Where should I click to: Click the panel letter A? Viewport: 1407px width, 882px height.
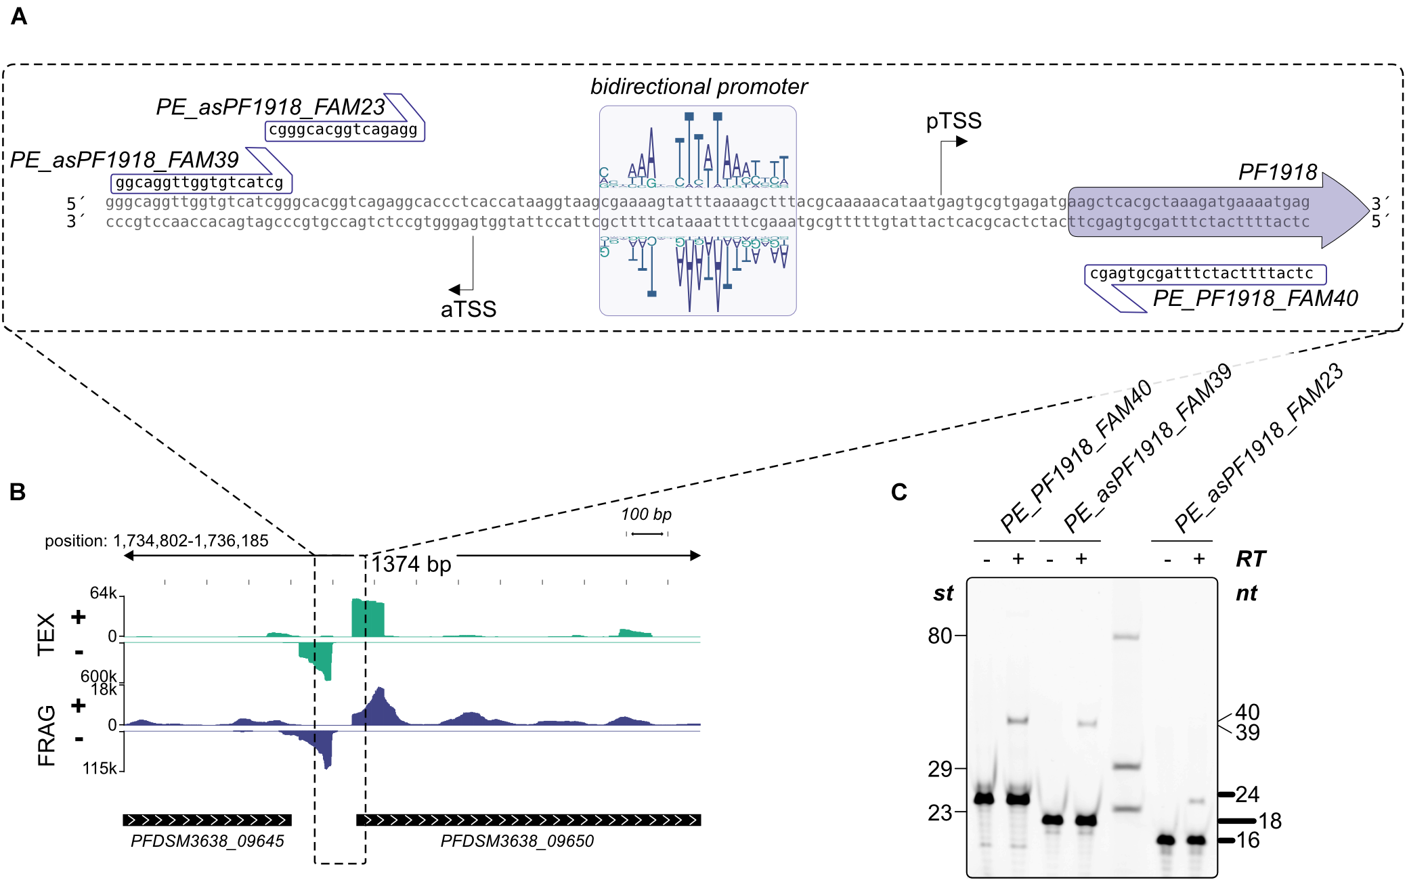click(x=19, y=16)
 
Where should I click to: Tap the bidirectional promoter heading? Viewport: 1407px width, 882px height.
click(x=699, y=87)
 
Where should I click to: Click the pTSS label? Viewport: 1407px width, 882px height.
click(x=953, y=121)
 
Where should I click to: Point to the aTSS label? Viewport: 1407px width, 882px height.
click(x=469, y=309)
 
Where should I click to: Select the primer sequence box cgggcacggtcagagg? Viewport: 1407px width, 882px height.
click(x=344, y=130)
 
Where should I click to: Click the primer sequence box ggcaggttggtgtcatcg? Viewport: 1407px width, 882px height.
click(x=200, y=183)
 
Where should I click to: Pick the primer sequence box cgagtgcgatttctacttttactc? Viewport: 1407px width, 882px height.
click(x=1204, y=273)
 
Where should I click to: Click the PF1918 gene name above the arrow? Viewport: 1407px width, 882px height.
click(x=1278, y=173)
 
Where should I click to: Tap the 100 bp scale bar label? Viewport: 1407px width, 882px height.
click(x=646, y=514)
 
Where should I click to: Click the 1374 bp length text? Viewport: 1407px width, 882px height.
click(x=411, y=564)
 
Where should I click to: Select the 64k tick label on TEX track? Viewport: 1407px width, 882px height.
click(x=104, y=593)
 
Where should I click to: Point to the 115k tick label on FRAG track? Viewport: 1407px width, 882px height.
click(x=100, y=768)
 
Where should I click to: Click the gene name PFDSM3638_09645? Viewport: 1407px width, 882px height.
click(x=207, y=841)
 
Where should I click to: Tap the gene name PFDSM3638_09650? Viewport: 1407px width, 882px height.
click(x=517, y=841)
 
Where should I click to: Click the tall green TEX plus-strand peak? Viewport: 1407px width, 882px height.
click(x=368, y=617)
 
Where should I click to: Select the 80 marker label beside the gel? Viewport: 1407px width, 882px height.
click(x=940, y=636)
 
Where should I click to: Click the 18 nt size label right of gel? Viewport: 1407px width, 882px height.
click(x=1270, y=821)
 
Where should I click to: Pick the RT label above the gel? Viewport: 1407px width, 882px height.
click(x=1250, y=559)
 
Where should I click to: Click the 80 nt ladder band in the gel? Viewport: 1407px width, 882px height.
click(x=1126, y=636)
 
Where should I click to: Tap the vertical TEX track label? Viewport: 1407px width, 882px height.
click(x=46, y=634)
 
